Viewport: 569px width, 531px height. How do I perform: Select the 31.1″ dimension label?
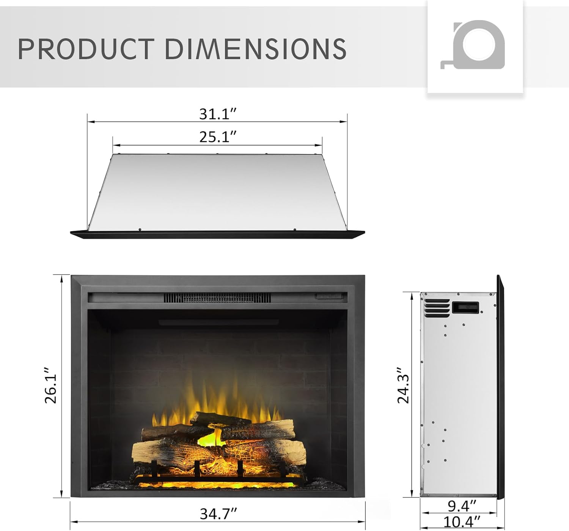click(218, 114)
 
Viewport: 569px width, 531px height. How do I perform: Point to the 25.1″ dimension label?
click(218, 137)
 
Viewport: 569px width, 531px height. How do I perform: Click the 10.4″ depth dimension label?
click(462, 522)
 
